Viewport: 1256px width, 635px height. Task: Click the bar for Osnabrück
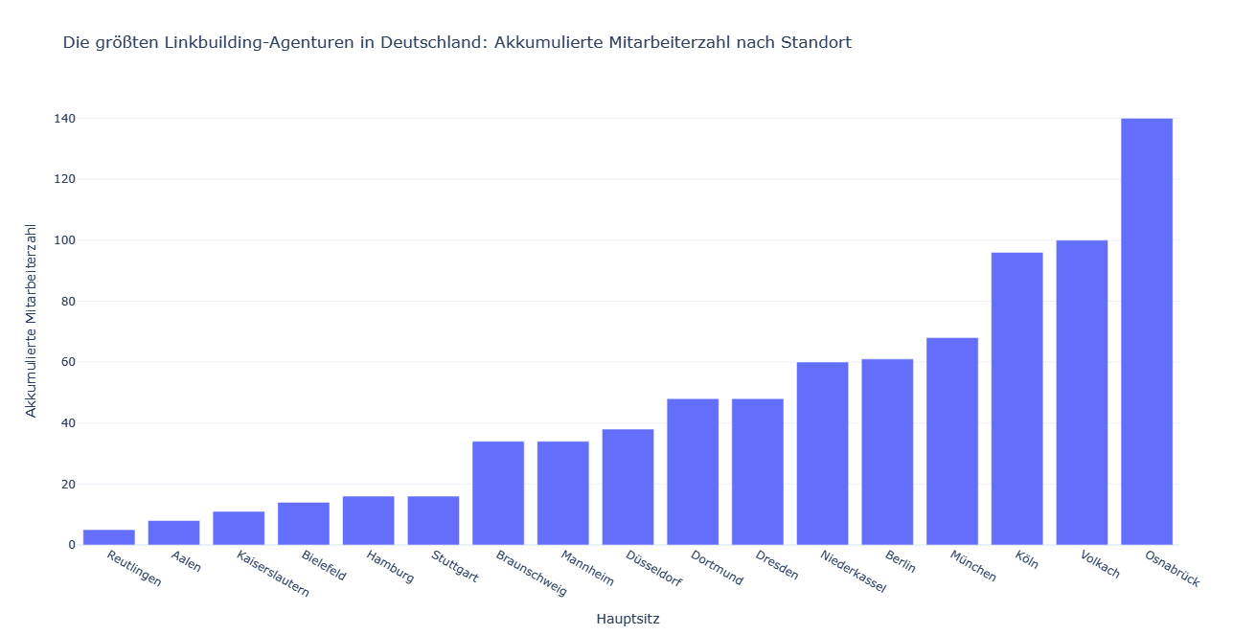pyautogui.click(x=1147, y=331)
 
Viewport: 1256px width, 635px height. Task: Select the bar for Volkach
pyautogui.click(x=1082, y=393)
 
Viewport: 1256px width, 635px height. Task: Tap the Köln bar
pyautogui.click(x=1016, y=398)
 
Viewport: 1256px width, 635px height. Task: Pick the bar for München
pyautogui.click(x=952, y=441)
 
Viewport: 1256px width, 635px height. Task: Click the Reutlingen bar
pyautogui.click(x=108, y=537)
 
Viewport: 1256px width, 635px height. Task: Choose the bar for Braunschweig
pyautogui.click(x=498, y=493)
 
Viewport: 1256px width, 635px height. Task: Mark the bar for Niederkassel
pyautogui.click(x=822, y=453)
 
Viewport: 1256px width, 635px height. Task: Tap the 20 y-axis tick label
pyautogui.click(x=68, y=485)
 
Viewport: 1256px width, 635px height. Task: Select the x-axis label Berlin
pyautogui.click(x=901, y=562)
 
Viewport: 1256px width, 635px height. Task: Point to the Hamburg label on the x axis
pyautogui.click(x=390, y=566)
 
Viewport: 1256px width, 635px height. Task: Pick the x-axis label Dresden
pyautogui.click(x=776, y=564)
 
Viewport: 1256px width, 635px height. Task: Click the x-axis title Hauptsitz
pyautogui.click(x=628, y=619)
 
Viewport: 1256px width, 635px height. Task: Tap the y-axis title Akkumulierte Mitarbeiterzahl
pyautogui.click(x=32, y=321)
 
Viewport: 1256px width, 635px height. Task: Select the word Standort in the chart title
pyautogui.click(x=815, y=43)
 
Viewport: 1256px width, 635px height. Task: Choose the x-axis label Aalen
pyautogui.click(x=186, y=561)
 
